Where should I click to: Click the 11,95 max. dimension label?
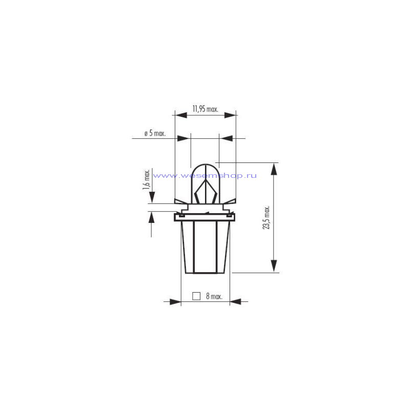tap(206, 109)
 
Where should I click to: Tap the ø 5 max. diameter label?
tap(155, 133)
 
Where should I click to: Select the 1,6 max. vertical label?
tap(146, 180)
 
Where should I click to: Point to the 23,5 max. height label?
tap(266, 217)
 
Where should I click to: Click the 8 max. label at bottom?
tap(214, 296)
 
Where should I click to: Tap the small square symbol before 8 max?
tap(196, 296)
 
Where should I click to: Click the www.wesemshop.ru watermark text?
tap(204, 175)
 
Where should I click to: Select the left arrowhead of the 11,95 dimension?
tap(181, 115)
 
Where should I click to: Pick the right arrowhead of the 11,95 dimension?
tap(230, 115)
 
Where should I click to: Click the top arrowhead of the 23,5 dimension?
tap(274, 169)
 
